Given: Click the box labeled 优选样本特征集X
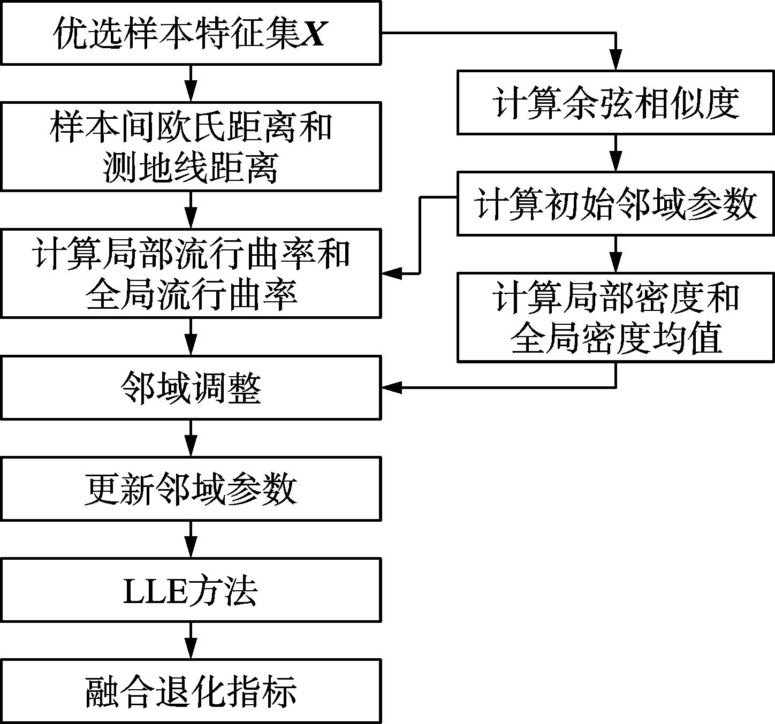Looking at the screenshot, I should pyautogui.click(x=191, y=33).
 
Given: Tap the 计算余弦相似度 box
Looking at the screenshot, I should pyautogui.click(x=616, y=102).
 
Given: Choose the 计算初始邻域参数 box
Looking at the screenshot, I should pyautogui.click(x=616, y=203).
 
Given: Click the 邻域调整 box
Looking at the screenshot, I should pyautogui.click(x=191, y=388).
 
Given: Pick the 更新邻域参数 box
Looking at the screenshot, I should pyautogui.click(x=191, y=489).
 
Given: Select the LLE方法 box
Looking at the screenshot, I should pyautogui.click(x=191, y=590).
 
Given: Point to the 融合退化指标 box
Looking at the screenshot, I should pyautogui.click(x=191, y=691).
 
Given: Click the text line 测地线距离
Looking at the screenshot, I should pyautogui.click(x=191, y=168).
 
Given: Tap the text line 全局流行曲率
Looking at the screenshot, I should pyautogui.click(x=191, y=294).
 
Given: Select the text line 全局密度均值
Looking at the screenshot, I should pyautogui.click(x=616, y=338).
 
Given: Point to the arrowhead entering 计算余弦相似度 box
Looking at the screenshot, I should pyautogui.click(x=616, y=61).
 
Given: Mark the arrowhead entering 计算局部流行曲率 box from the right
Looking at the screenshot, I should pyautogui.click(x=392, y=273).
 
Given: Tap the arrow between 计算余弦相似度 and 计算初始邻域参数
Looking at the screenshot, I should pyautogui.click(x=616, y=153).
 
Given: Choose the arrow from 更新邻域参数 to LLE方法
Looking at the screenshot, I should pyautogui.click(x=191, y=539).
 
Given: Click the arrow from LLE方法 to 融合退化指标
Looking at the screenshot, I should pyautogui.click(x=191, y=641).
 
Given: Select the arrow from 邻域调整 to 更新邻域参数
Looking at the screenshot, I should pyautogui.click(x=191, y=438).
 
